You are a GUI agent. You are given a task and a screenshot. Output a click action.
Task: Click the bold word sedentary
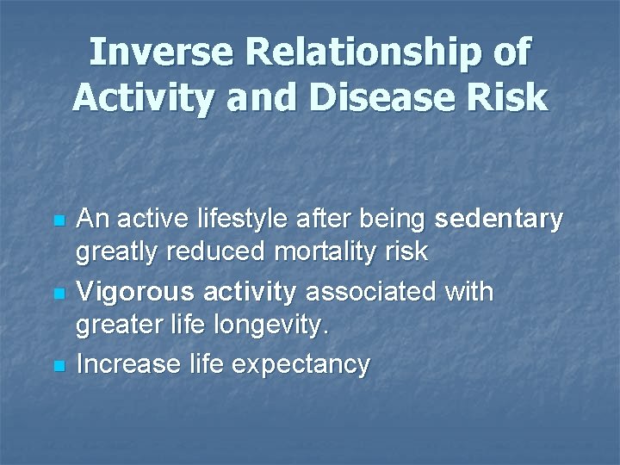click(x=499, y=220)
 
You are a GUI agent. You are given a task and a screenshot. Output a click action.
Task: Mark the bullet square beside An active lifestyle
click(x=59, y=221)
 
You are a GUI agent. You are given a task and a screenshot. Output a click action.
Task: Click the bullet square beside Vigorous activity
click(x=59, y=294)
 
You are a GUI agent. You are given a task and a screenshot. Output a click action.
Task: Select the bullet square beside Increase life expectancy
click(x=59, y=366)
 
